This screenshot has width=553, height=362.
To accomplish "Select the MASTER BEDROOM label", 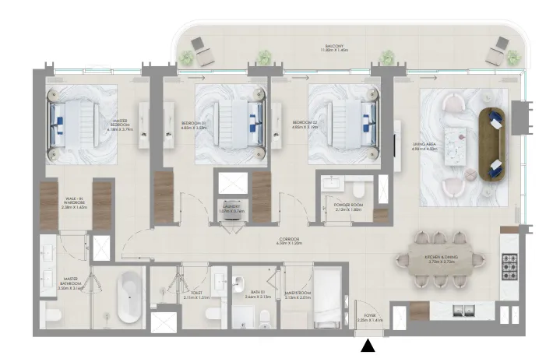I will pos(119,125).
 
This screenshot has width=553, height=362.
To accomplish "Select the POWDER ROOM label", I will pos(349,207).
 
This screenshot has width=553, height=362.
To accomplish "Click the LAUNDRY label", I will pos(231,209).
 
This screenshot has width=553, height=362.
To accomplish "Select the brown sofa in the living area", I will pos(494,143).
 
